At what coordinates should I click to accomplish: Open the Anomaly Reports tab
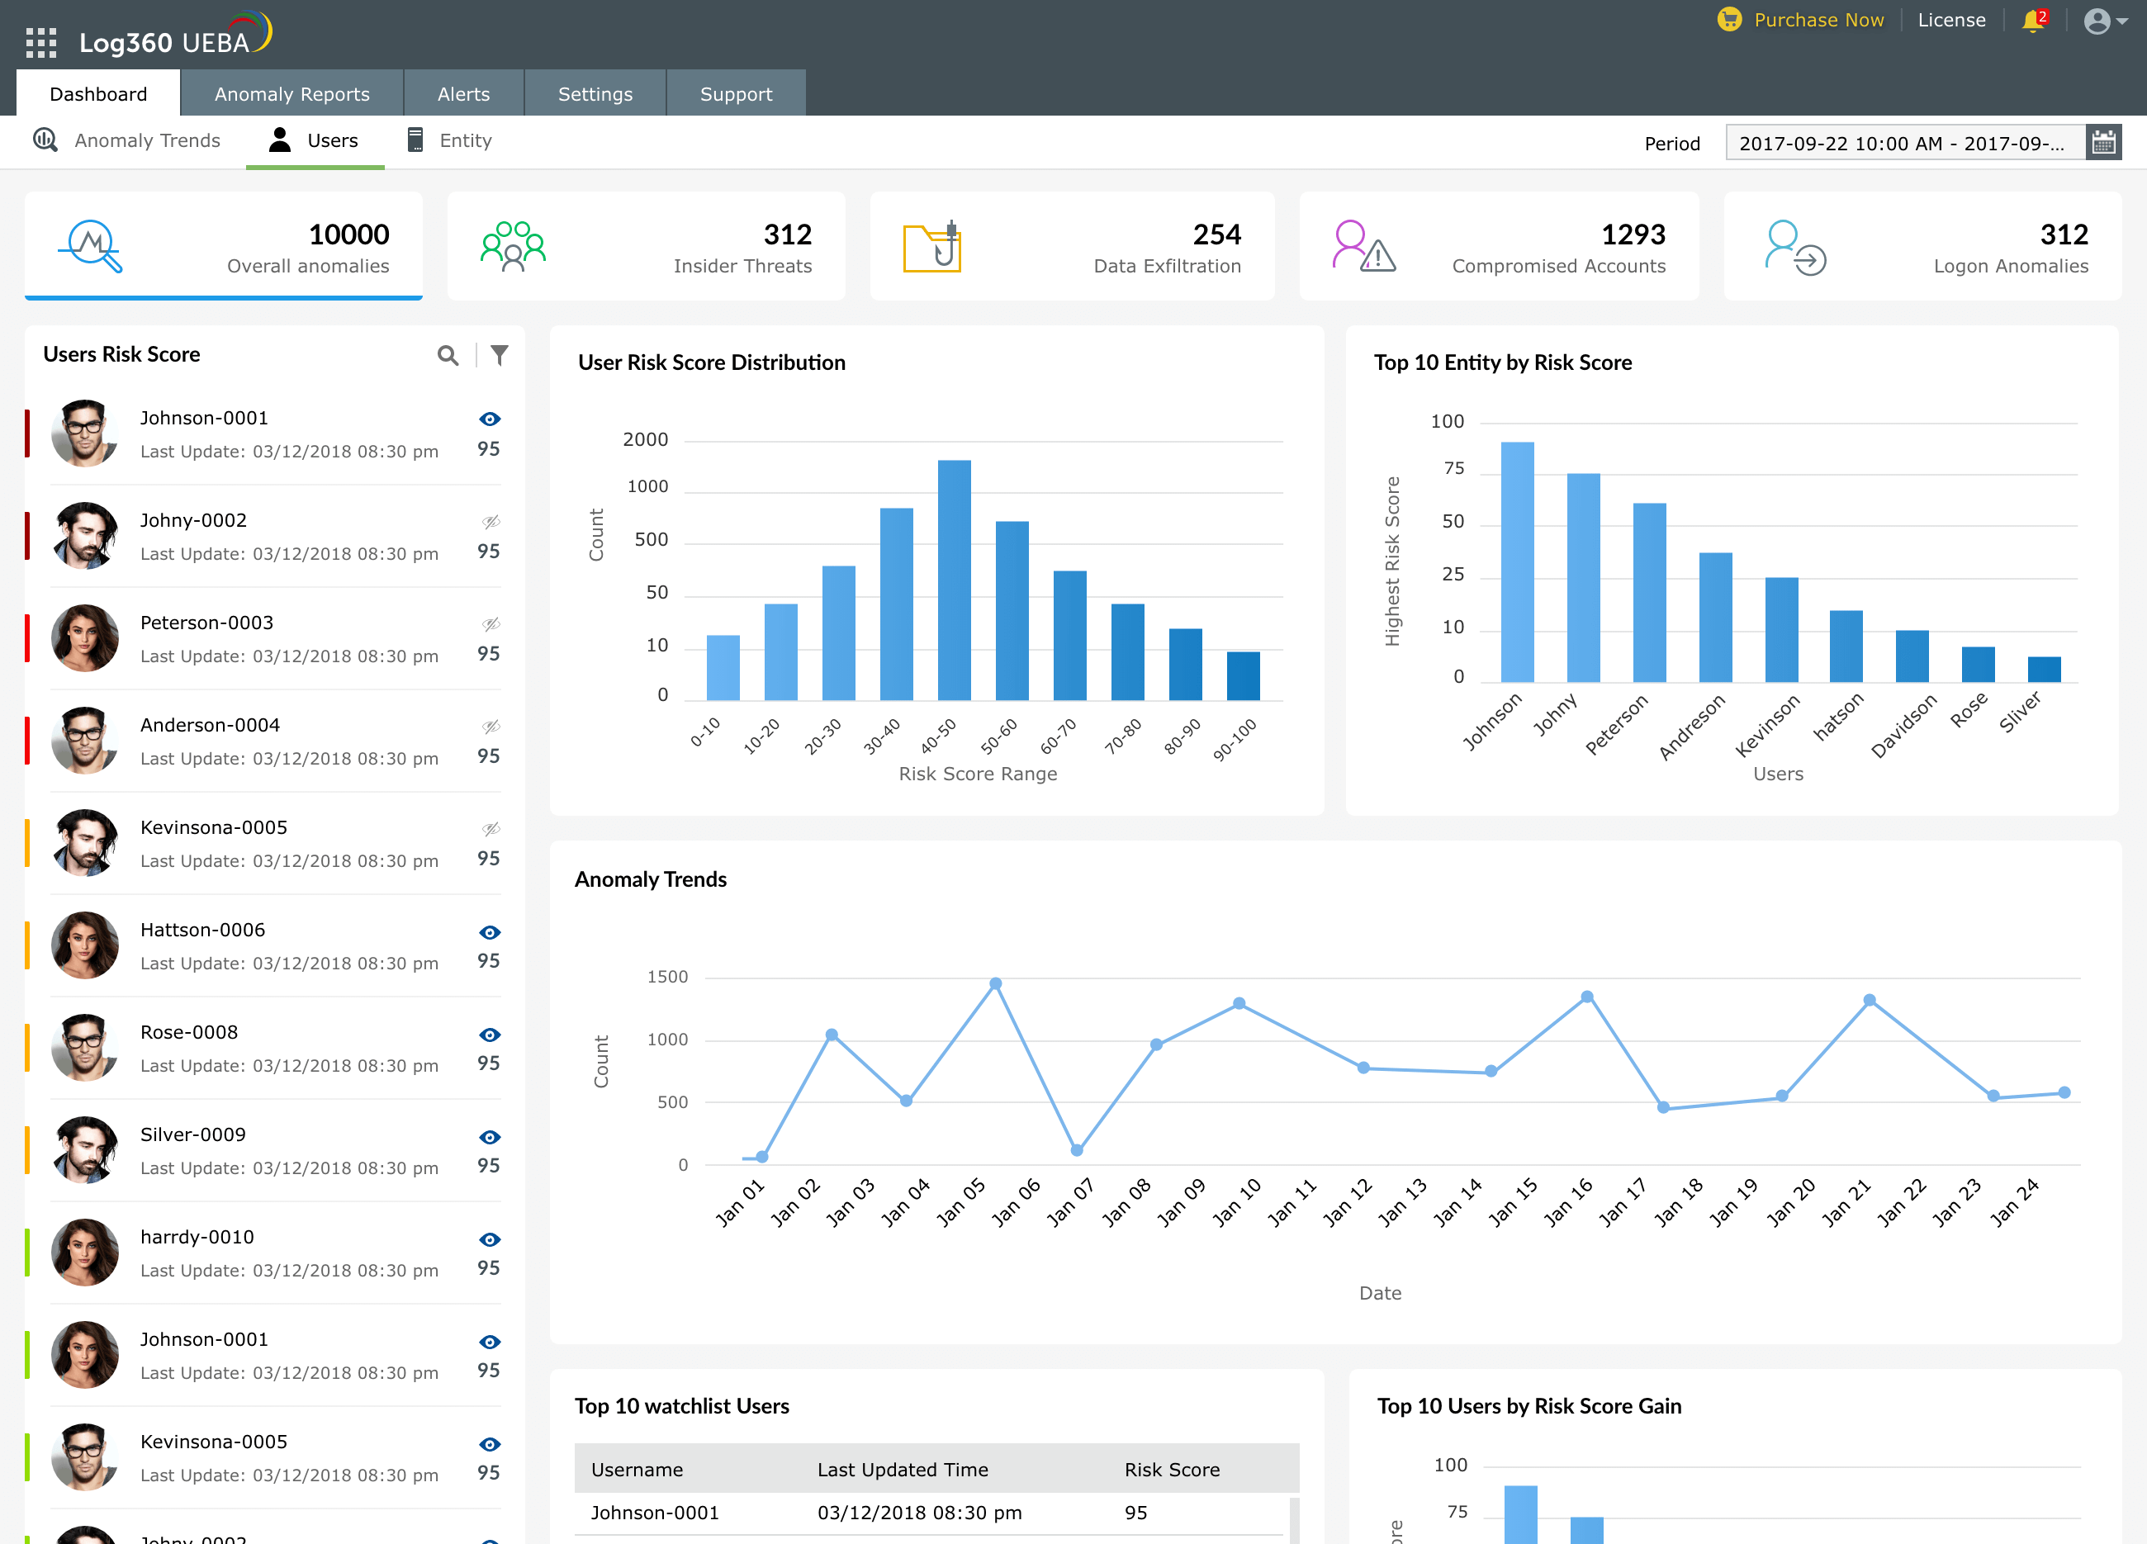291,94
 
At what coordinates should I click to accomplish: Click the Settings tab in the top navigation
595,94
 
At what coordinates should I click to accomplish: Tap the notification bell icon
2031,21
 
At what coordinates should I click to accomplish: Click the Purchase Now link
1818,20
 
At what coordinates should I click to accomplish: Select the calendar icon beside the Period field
2103,143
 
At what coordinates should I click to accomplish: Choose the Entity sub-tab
464,141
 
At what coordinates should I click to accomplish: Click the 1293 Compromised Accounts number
1633,234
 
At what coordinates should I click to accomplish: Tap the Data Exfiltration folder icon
932,248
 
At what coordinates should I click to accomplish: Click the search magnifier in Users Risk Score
448,355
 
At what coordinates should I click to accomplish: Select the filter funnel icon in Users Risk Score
500,355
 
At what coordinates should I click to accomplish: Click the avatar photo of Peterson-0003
85,638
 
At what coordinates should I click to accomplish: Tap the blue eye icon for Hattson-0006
490,932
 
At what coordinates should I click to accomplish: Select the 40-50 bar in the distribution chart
955,580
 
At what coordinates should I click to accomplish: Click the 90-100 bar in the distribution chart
1243,676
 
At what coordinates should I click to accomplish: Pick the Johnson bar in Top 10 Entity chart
1518,562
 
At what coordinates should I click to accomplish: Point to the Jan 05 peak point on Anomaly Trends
996,984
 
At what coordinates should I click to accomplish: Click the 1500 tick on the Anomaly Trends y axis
667,977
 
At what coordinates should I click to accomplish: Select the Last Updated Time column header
903,1469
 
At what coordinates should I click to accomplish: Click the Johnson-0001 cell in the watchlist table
655,1513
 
